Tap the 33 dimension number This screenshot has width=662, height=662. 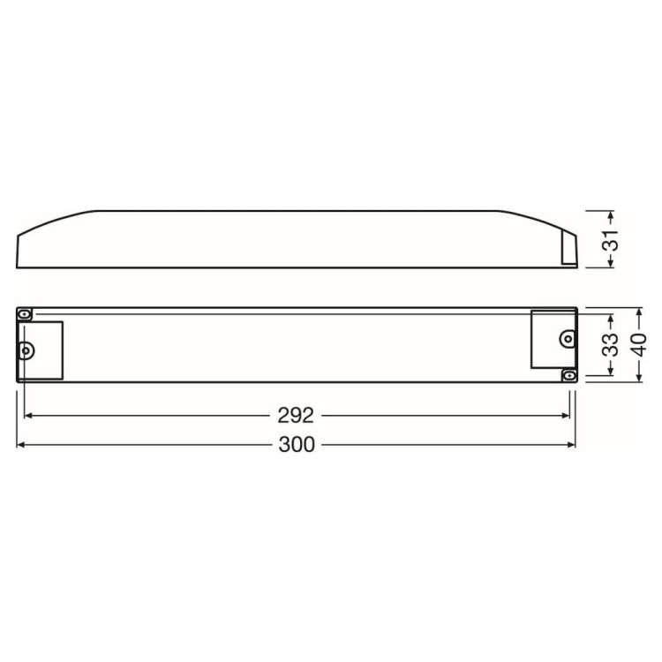(x=611, y=345)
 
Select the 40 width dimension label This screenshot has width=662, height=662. (x=638, y=345)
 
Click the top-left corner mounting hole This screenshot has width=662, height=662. (x=25, y=314)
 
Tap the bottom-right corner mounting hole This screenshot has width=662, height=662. (x=569, y=375)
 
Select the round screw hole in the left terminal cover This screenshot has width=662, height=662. (x=26, y=350)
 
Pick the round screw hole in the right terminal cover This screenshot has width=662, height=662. (x=568, y=338)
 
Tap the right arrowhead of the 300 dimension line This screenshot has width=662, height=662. (x=572, y=445)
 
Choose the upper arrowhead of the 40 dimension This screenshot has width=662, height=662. (x=638, y=312)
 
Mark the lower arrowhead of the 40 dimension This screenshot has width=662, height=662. (x=638, y=377)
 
